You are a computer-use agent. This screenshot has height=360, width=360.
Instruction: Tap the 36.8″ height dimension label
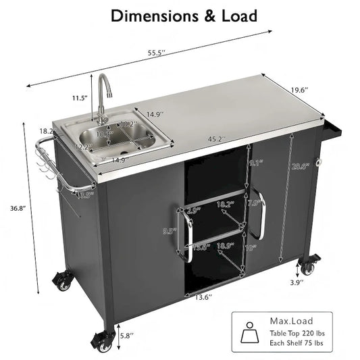click(x=14, y=208)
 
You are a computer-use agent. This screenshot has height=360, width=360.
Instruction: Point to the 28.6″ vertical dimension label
click(x=297, y=167)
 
